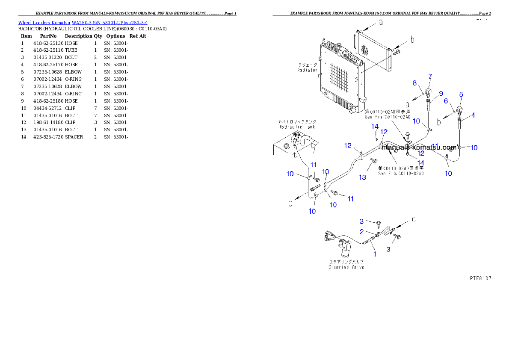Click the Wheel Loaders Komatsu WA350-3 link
click(83, 23)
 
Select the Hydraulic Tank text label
click(296, 127)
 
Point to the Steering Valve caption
click(346, 267)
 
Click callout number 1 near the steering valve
click(375, 254)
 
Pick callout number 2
click(361, 232)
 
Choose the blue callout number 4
click(473, 115)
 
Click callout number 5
click(461, 94)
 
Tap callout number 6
click(445, 100)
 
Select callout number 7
click(430, 76)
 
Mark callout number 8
click(414, 83)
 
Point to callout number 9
click(441, 93)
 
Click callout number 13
click(362, 177)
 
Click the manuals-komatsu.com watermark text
click(420, 148)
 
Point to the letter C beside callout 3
click(413, 220)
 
